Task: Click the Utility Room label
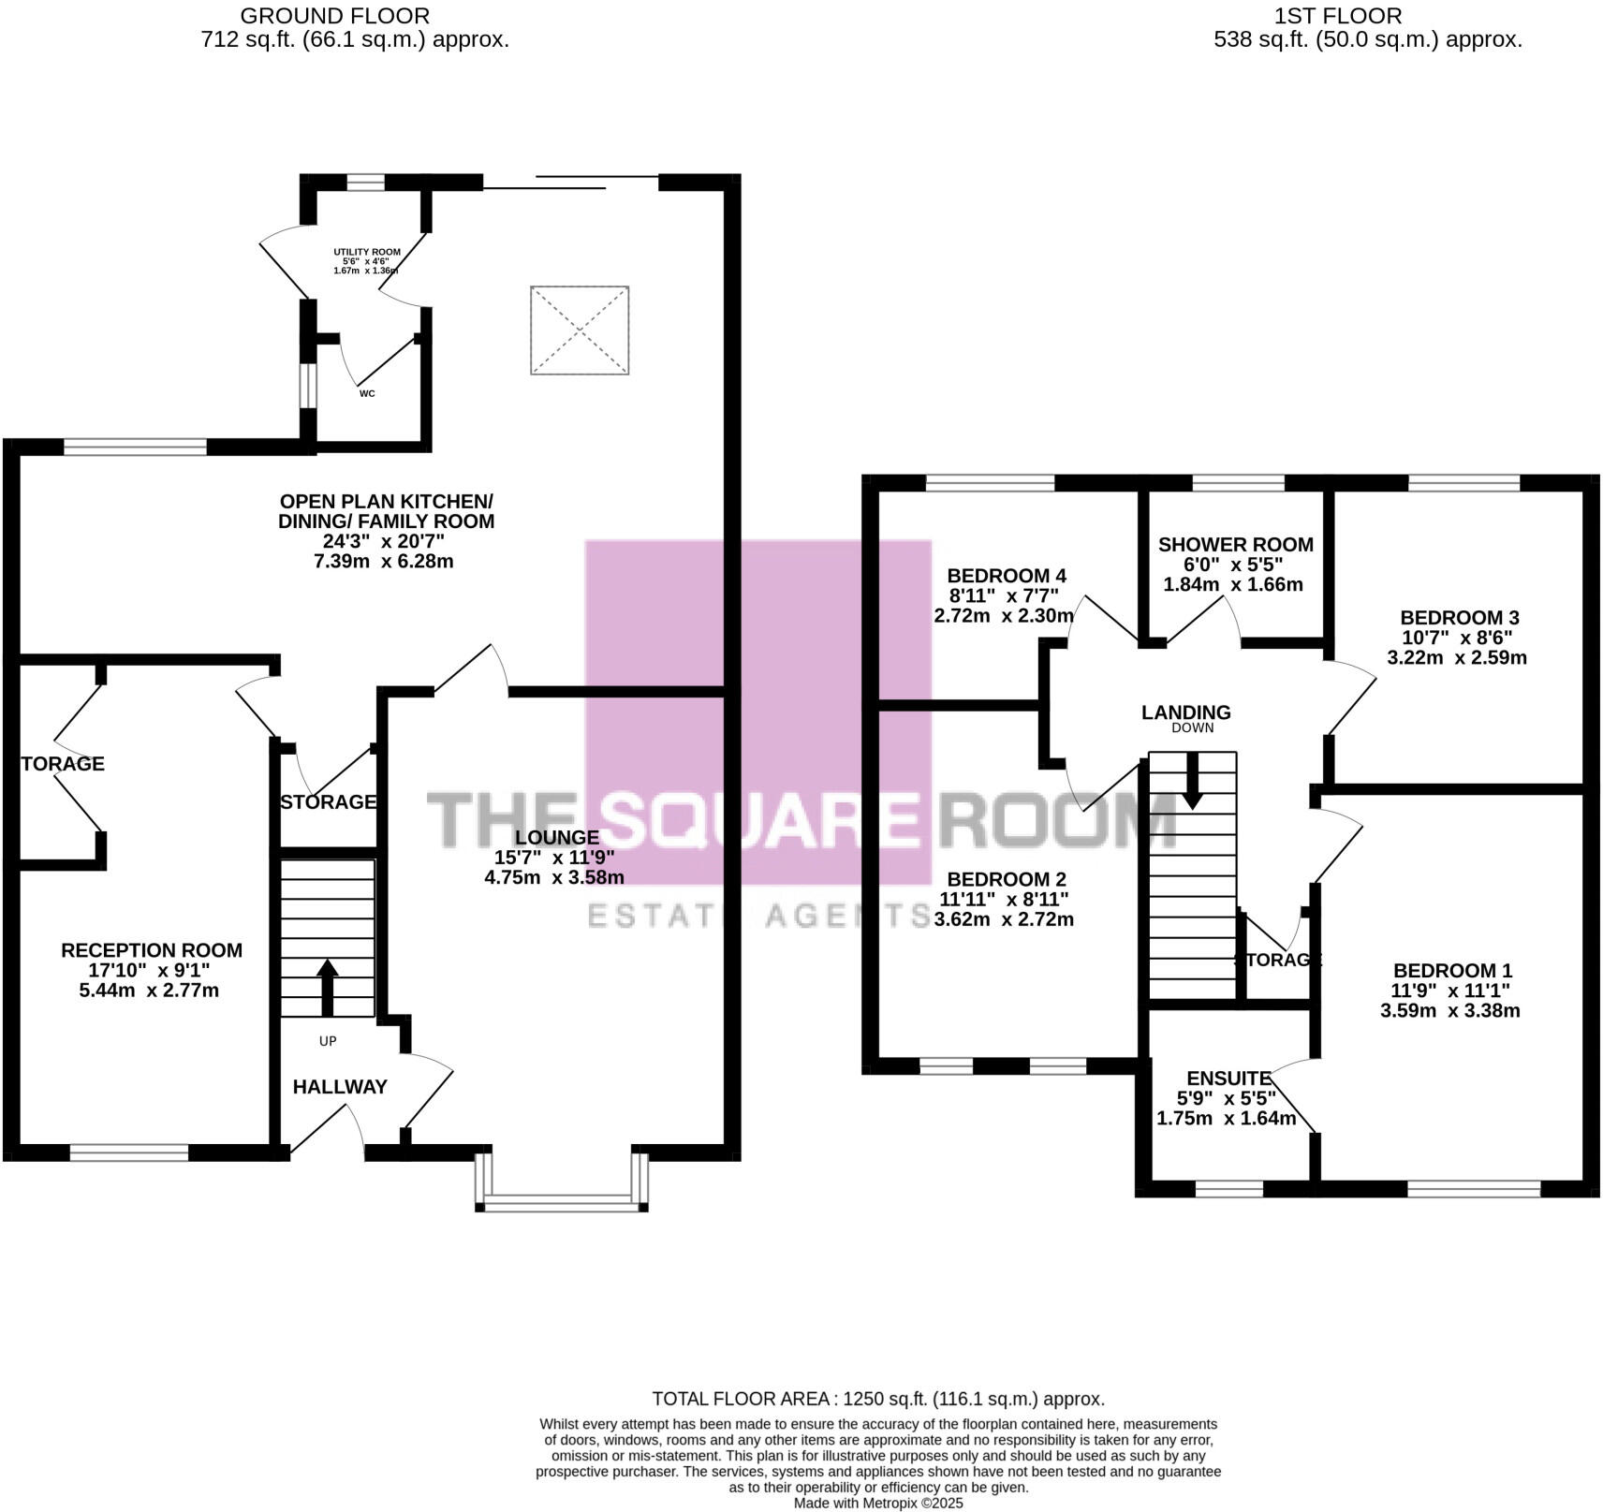[367, 252]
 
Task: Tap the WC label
[367, 393]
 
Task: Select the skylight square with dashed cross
[580, 330]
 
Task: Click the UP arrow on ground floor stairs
[327, 987]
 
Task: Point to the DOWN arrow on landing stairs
[1192, 781]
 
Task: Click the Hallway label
[340, 1087]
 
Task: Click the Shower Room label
[1235, 545]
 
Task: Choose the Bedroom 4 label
[1007, 576]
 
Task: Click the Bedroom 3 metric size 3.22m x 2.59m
[1456, 657]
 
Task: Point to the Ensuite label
[1228, 1079]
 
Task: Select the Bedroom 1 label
[1452, 971]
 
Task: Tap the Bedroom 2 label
[1007, 879]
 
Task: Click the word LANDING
[1185, 712]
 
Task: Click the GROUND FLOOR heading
[335, 16]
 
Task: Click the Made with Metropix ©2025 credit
[878, 1504]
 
